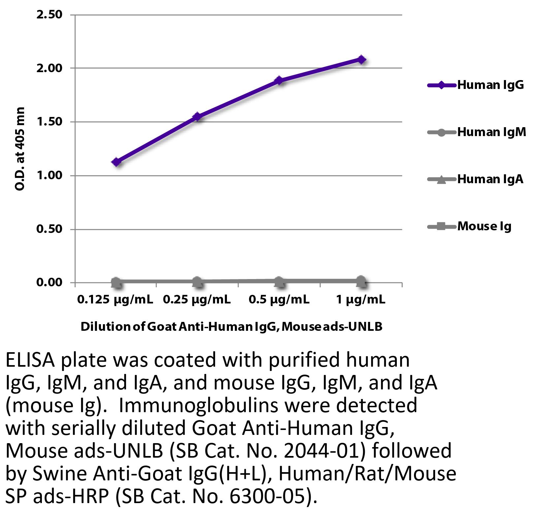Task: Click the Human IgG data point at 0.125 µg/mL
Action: click(x=116, y=162)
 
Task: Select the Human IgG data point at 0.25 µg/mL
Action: click(x=198, y=116)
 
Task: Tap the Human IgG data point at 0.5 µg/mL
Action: click(x=279, y=80)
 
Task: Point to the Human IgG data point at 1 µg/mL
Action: click(x=362, y=60)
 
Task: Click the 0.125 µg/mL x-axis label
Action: click(x=115, y=300)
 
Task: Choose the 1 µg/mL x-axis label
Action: click(x=361, y=300)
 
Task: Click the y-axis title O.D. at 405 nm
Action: click(x=20, y=149)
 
